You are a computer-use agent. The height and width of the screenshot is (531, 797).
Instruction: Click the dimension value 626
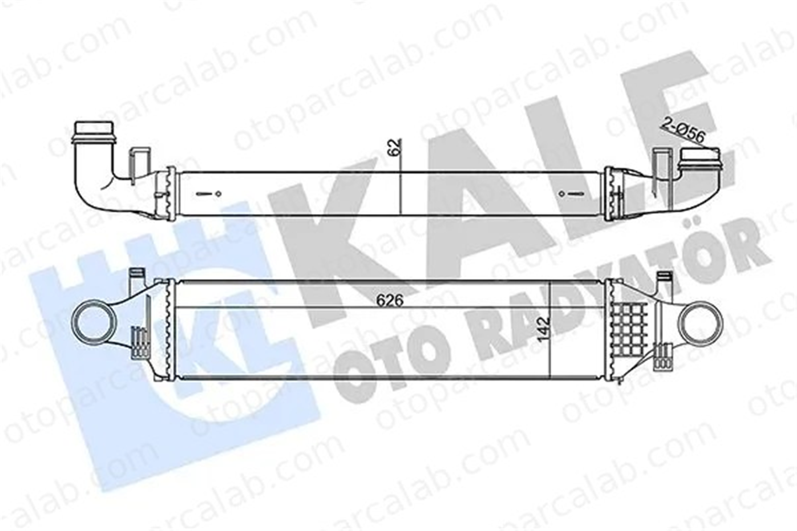pos(390,300)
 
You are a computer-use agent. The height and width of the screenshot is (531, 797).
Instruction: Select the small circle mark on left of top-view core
pos(218,194)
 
